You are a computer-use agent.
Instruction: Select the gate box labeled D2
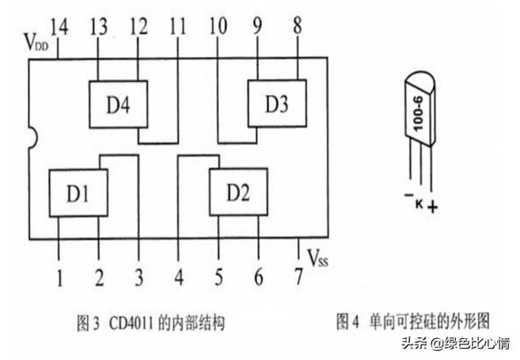238,193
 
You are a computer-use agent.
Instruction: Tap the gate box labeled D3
276,103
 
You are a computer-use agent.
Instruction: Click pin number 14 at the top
58,28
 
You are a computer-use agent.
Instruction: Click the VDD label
36,40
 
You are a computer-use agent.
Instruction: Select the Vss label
320,258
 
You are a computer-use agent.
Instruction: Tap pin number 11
177,28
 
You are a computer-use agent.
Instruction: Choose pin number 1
59,279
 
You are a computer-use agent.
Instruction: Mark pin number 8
297,28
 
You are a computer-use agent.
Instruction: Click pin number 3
138,279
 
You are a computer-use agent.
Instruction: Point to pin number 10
218,28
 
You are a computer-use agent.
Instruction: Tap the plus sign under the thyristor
432,207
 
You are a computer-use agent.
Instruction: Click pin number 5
218,279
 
